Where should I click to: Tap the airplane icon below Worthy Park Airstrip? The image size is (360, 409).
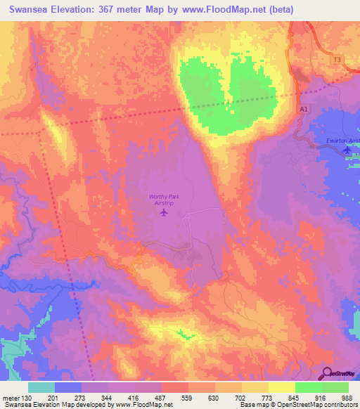tap(165, 212)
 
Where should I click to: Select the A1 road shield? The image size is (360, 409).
tap(304, 110)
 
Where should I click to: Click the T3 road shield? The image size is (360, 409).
tap(337, 60)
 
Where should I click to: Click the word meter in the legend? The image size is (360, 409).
tap(10, 398)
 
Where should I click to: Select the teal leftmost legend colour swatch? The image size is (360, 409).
tap(41, 387)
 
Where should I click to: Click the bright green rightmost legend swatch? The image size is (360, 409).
tap(335, 387)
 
